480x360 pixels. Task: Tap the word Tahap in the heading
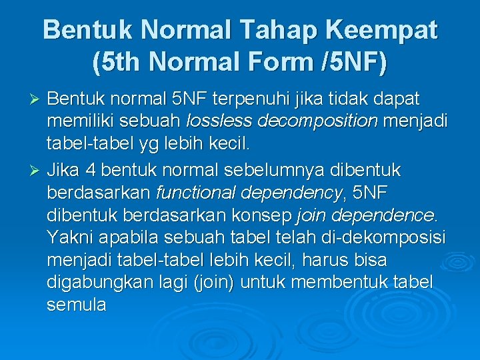click(262, 31)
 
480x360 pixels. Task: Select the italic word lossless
click(220, 122)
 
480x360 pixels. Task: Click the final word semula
click(77, 305)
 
